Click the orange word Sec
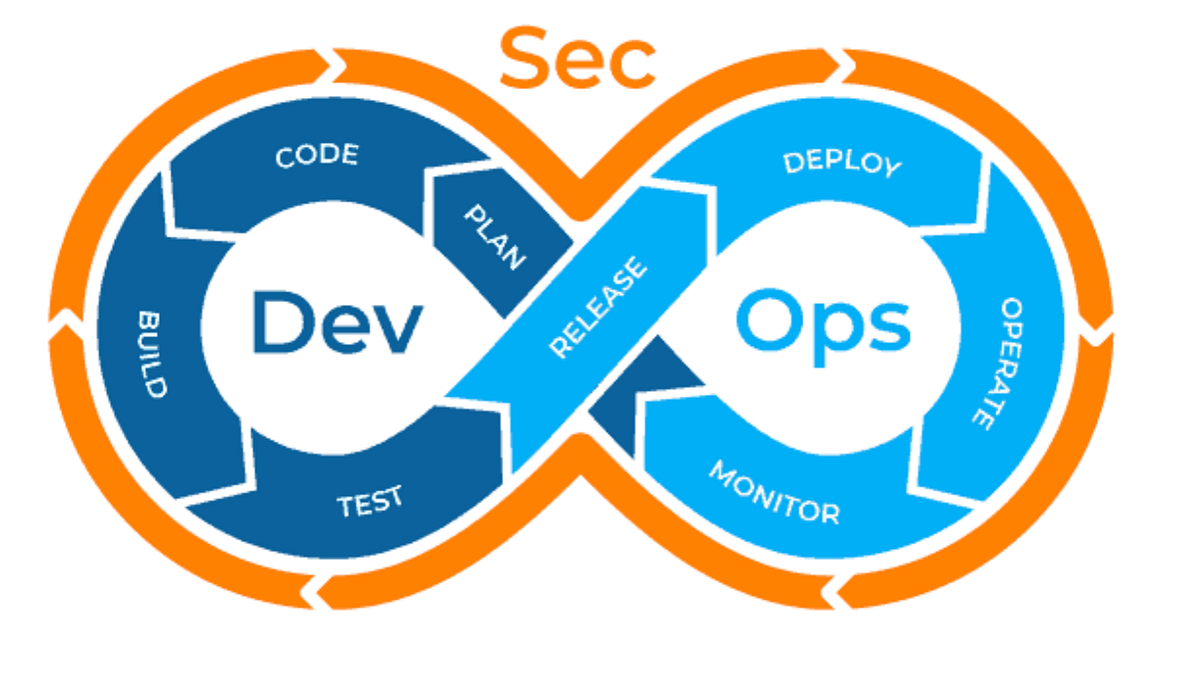click(578, 58)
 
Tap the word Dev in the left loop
click(338, 322)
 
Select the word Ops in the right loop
click(823, 327)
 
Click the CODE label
click(317, 155)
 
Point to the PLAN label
click(495, 237)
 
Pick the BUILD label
click(152, 354)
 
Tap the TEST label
click(370, 501)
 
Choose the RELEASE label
click(598, 307)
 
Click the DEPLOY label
click(842, 164)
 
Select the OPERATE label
click(999, 364)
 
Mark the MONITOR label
click(774, 493)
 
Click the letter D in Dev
click(282, 322)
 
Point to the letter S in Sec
click(524, 58)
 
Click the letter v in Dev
click(397, 329)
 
